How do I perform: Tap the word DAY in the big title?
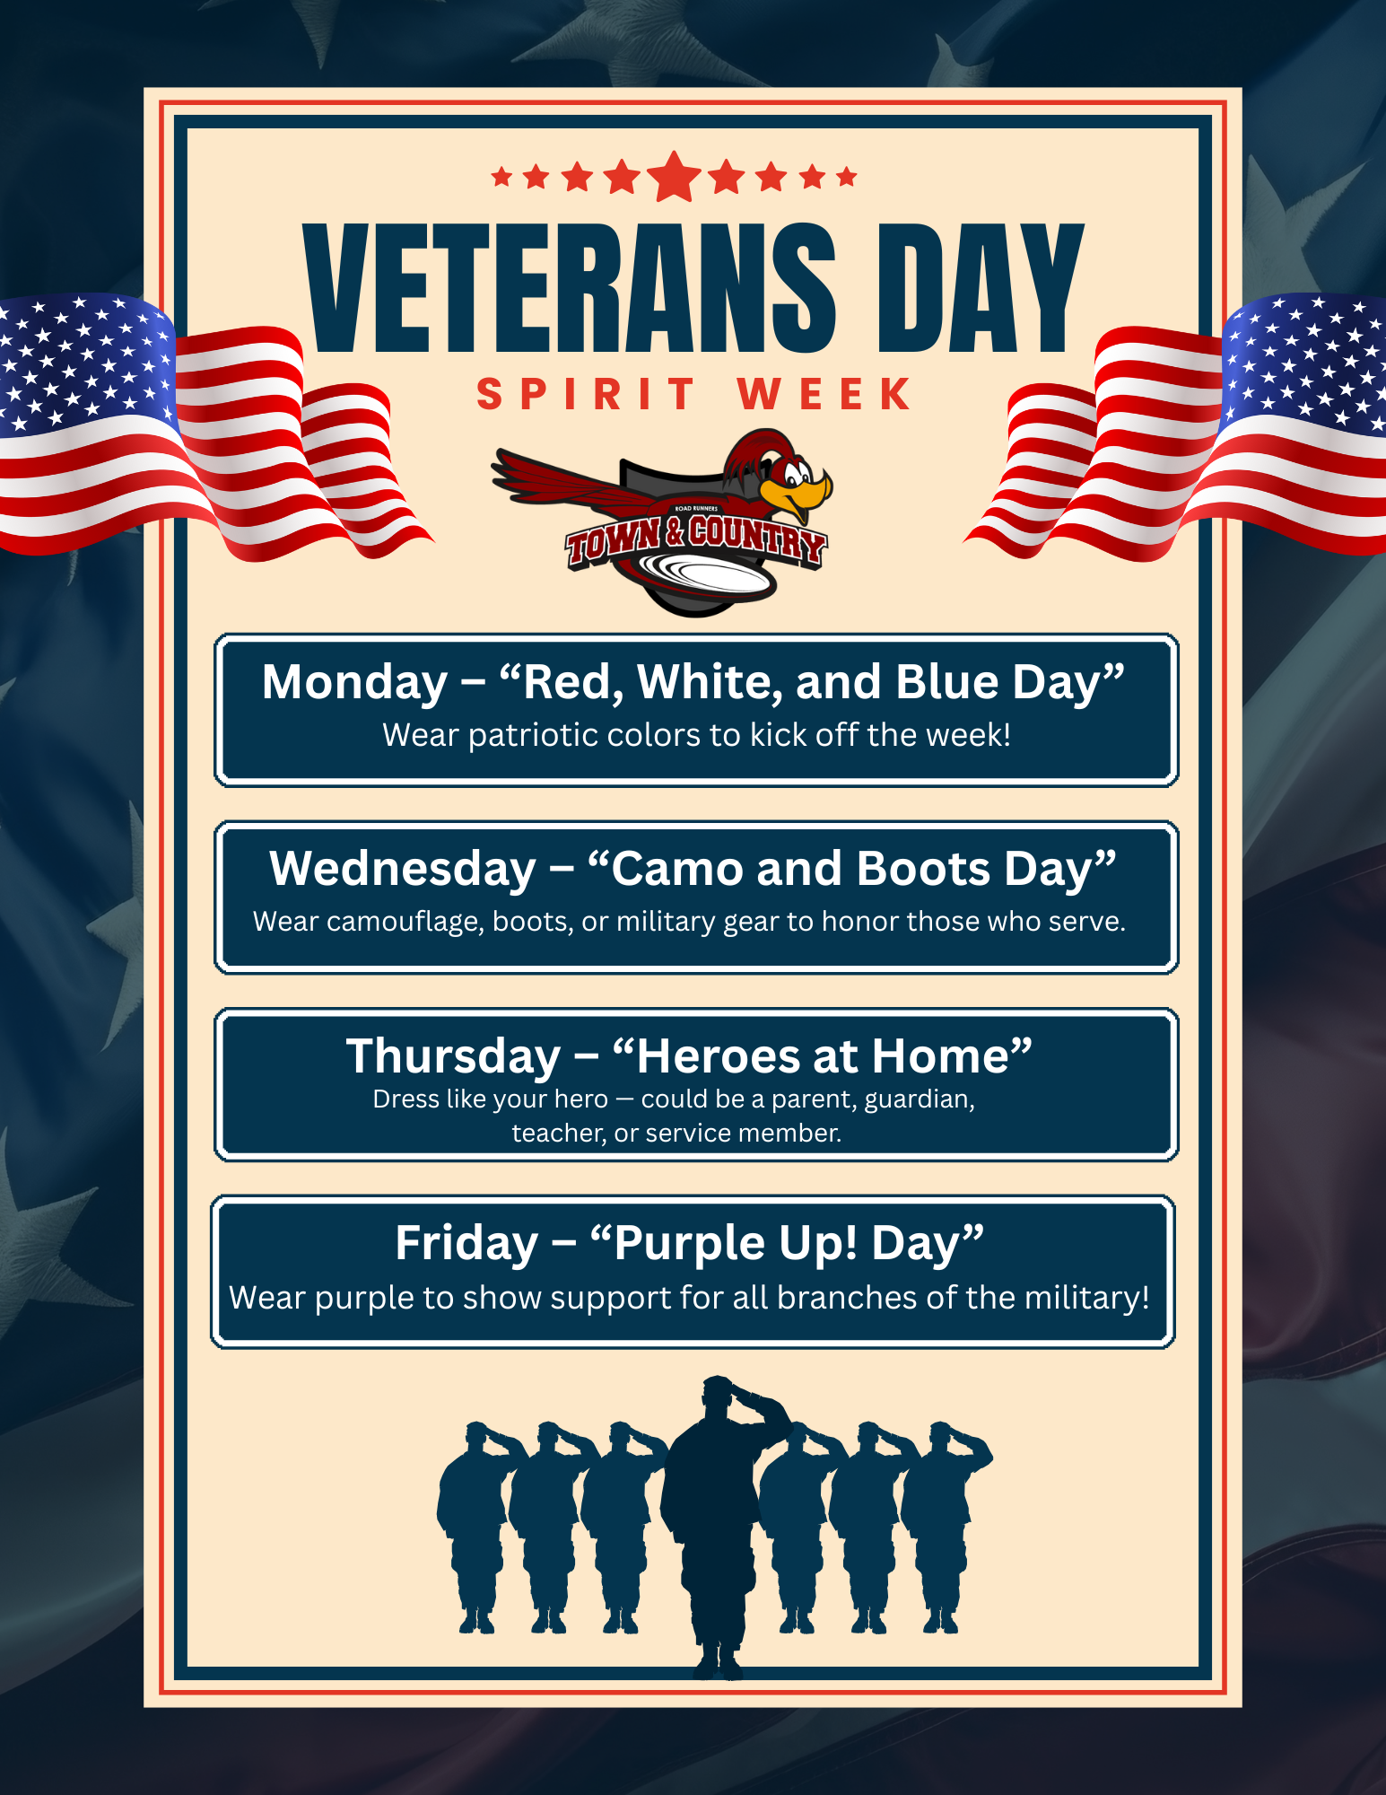pos(981,287)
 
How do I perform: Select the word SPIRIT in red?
pos(586,395)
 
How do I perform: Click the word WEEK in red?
pos(824,395)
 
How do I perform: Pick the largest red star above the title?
pos(675,177)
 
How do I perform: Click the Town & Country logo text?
pos(696,540)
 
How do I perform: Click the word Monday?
pos(354,684)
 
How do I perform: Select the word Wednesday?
pos(403,870)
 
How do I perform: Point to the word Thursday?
pos(454,1057)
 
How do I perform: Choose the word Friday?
pos(466,1244)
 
